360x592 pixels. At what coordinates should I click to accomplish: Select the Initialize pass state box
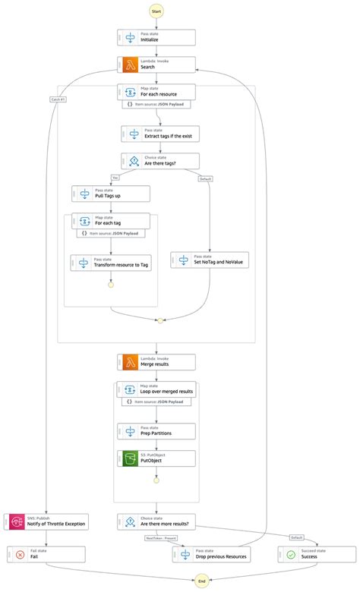pos(156,37)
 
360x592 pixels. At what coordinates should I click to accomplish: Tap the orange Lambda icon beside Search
pos(129,65)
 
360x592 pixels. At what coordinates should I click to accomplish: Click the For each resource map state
pos(156,92)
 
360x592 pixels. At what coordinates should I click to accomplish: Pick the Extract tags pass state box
pos(160,134)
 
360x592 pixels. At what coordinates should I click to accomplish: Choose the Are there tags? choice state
pos(160,161)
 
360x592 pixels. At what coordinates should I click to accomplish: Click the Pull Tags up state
pos(111,194)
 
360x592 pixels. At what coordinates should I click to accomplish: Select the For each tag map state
pos(111,221)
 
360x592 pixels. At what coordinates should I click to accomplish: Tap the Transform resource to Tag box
pos(111,263)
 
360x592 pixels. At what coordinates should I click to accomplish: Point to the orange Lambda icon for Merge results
pos(129,362)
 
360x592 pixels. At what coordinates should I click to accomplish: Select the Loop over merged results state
pos(156,389)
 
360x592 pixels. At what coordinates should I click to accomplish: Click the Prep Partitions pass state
pos(156,431)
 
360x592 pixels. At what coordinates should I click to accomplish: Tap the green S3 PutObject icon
pos(129,458)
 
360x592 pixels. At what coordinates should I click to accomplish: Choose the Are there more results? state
pos(156,521)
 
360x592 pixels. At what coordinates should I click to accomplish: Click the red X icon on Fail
pos(20,554)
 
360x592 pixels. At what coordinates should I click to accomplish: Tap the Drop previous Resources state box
pos(211,554)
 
